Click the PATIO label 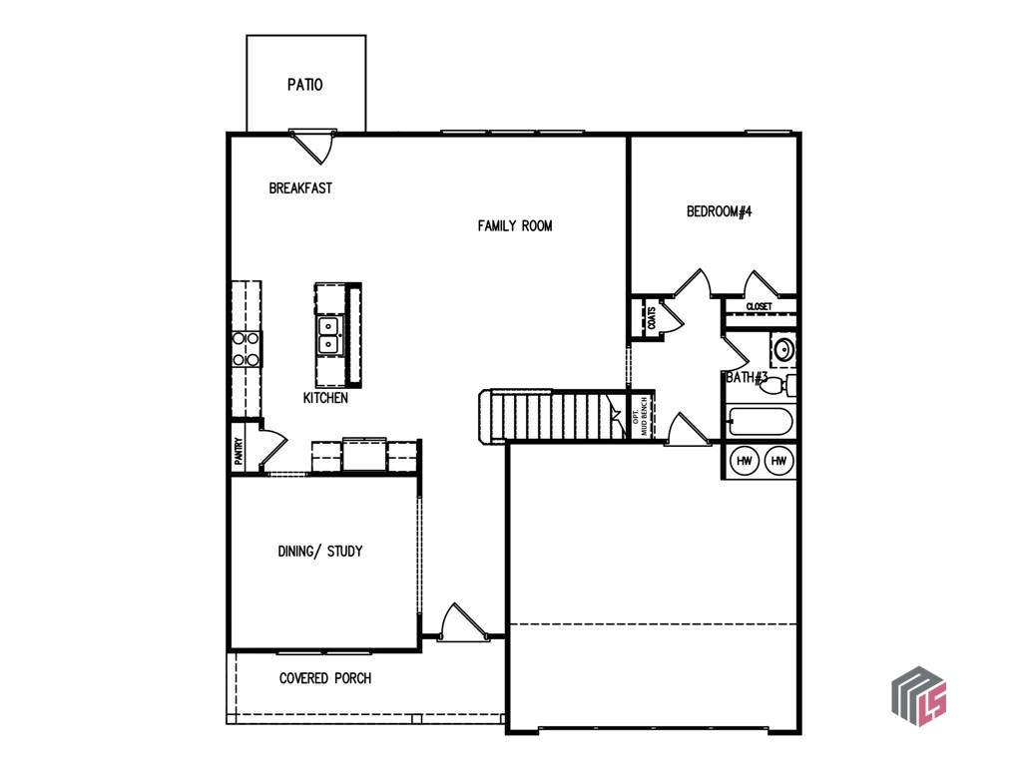305,85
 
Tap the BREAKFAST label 300,189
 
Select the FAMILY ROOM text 515,226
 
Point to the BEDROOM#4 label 719,211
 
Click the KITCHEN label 325,397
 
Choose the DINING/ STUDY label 320,551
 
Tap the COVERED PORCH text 325,678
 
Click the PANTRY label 240,452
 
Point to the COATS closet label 651,318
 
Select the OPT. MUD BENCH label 641,416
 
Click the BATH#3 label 747,377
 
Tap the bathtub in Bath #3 761,422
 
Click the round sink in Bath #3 782,350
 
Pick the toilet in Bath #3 778,386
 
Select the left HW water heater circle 745,461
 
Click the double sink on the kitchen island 328,335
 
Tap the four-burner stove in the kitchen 247,349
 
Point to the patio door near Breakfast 312,146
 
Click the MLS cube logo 919,696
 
